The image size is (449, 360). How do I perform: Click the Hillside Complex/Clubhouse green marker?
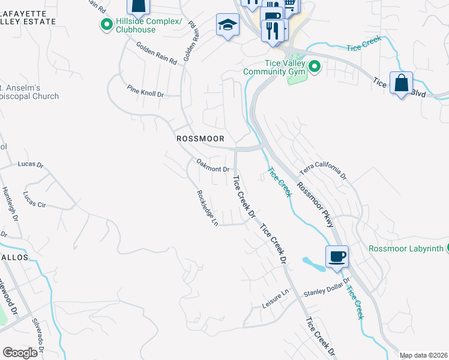point(107,25)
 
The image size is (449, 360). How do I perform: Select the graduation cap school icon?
point(228,25)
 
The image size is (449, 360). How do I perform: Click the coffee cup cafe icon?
point(337,256)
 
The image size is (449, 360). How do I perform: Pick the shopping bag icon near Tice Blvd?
point(400,82)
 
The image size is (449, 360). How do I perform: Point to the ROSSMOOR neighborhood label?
point(200,139)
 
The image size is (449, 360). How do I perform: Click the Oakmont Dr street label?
point(213,166)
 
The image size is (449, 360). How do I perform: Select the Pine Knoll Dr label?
point(145,91)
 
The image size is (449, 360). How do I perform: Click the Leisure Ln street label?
point(276,298)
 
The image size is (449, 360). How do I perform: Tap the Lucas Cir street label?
point(34,199)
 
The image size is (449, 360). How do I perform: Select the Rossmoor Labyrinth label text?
point(406,248)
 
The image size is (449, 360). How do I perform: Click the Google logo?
point(20,353)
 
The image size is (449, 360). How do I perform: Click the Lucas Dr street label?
point(31,164)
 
